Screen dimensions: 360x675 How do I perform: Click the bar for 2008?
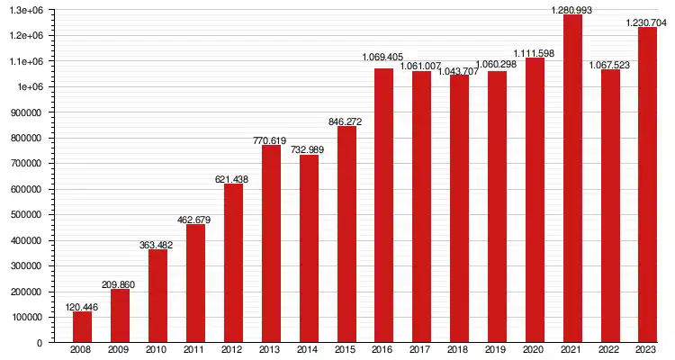82,327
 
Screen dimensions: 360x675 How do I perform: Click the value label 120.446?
82,307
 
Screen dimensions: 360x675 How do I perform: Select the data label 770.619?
271,140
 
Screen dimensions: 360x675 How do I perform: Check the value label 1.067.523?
610,64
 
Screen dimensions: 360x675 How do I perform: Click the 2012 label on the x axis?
233,350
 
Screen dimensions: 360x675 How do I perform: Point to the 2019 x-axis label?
497,350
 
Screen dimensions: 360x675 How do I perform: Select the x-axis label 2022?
610,350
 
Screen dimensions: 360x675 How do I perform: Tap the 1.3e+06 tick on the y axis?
25,10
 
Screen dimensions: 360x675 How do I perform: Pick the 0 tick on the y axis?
40,343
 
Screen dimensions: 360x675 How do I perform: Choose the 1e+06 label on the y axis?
29,87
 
